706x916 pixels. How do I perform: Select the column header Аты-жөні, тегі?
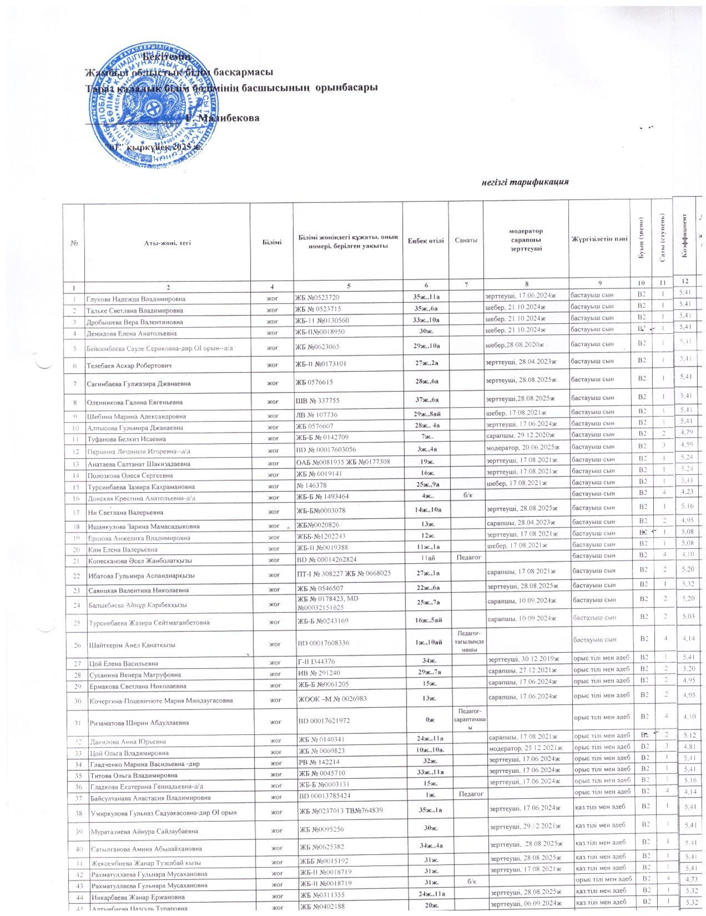pyautogui.click(x=167, y=243)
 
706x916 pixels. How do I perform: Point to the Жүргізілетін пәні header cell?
pyautogui.click(x=599, y=239)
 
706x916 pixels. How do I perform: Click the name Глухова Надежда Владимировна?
pyautogui.click(x=136, y=299)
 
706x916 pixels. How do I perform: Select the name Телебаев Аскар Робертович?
pyautogui.click(x=129, y=366)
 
